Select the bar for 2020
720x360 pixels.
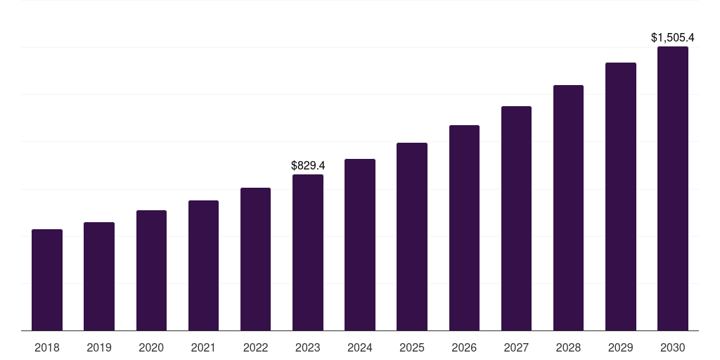[151, 271]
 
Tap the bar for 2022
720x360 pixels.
[255, 259]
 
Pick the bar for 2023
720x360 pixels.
[308, 252]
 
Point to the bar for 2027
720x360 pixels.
[516, 219]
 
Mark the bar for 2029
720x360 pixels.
[621, 197]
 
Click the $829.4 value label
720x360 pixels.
[308, 166]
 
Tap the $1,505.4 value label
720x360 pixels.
[672, 38]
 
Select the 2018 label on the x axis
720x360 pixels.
[47, 347]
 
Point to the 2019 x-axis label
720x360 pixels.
[99, 347]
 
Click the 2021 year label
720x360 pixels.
[203, 347]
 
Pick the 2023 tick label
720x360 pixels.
[308, 347]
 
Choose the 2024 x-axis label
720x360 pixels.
[360, 347]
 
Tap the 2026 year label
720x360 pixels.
[464, 347]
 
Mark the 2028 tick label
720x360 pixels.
[568, 347]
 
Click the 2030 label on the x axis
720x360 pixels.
[673, 347]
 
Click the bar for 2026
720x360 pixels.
[464, 228]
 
